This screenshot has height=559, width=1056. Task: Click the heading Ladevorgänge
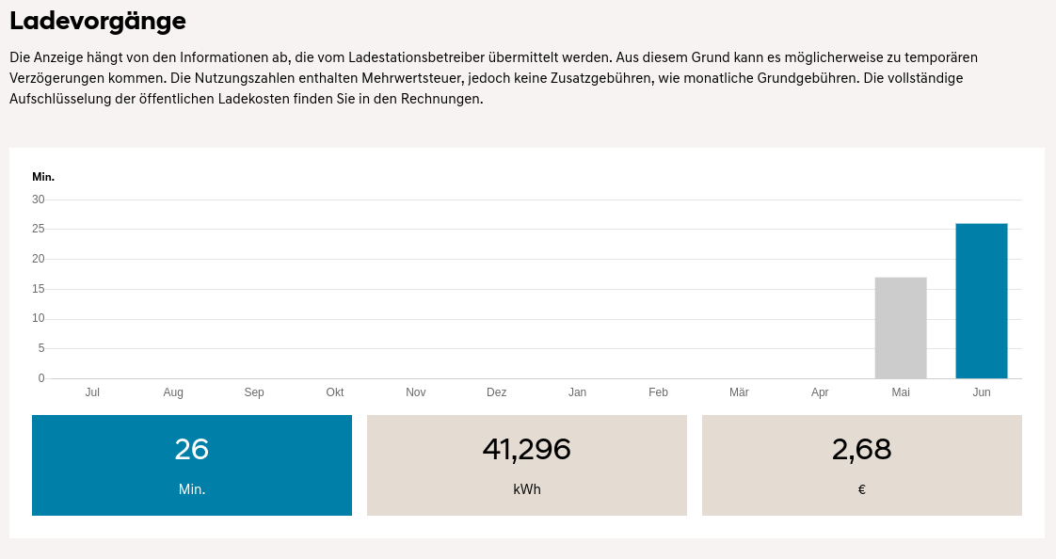[98, 21]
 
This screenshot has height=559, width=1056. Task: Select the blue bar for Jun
[982, 301]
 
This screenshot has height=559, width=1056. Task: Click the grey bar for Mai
[901, 327]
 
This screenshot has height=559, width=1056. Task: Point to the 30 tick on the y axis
[39, 200]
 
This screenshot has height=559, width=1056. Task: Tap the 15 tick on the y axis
[39, 289]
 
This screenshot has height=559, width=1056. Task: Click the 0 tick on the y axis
[41, 378]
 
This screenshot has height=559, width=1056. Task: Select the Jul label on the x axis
[92, 392]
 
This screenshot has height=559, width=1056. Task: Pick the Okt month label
[335, 392]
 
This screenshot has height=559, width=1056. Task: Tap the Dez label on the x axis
[497, 392]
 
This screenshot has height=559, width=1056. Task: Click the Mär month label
[739, 392]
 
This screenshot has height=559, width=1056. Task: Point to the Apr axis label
[820, 392]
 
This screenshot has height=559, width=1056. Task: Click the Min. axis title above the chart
[43, 177]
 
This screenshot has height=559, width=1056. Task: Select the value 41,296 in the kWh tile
[527, 450]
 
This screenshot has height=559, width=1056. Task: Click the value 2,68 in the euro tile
[862, 450]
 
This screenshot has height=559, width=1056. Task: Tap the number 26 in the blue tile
[192, 450]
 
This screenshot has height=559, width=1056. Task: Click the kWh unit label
[527, 489]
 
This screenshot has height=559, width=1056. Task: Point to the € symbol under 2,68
[862, 489]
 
